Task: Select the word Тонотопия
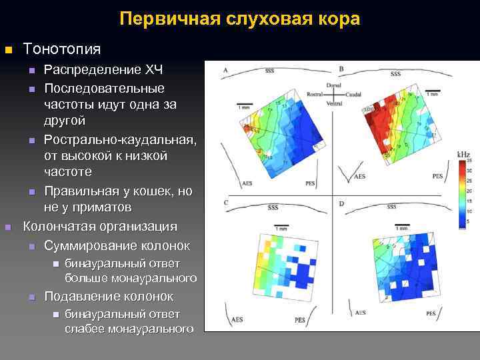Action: [62, 49]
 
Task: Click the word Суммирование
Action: [90, 245]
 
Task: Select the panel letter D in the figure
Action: [342, 203]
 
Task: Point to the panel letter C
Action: [226, 203]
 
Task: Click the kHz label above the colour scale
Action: [463, 155]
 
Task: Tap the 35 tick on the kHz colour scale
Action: [470, 161]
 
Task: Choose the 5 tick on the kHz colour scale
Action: [469, 221]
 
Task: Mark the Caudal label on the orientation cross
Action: [354, 95]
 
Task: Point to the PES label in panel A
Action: [310, 182]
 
